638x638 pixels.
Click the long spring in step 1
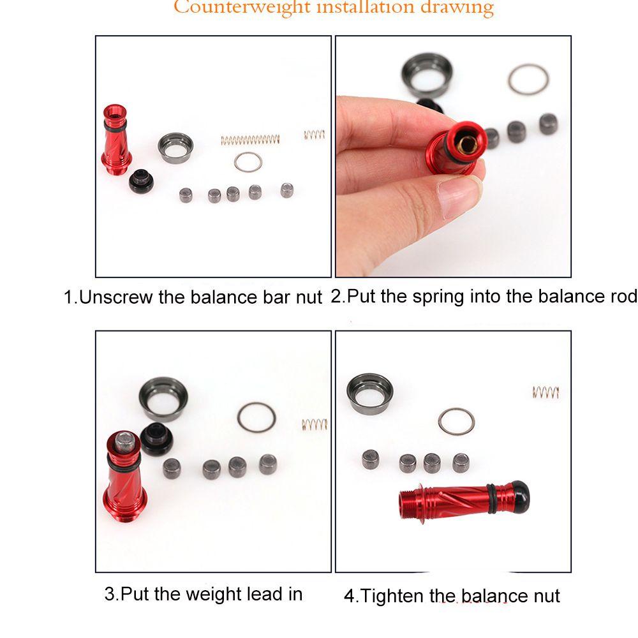click(x=250, y=140)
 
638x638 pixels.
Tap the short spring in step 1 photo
click(x=315, y=135)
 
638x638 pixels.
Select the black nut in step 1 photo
click(x=141, y=181)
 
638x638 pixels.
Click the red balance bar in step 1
click(x=116, y=140)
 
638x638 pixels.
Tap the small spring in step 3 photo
click(x=315, y=425)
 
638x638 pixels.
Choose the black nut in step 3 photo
click(x=157, y=439)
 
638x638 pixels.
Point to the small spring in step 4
click(x=545, y=392)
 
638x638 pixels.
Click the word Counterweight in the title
click(x=242, y=7)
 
